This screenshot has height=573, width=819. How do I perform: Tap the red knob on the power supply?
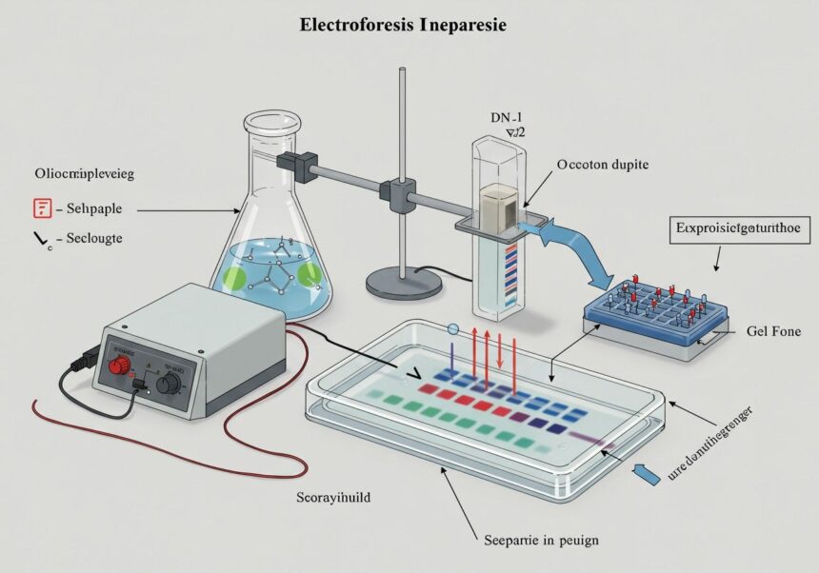123,366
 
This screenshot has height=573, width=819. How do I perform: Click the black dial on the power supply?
171,383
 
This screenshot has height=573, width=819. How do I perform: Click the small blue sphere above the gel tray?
452,329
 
